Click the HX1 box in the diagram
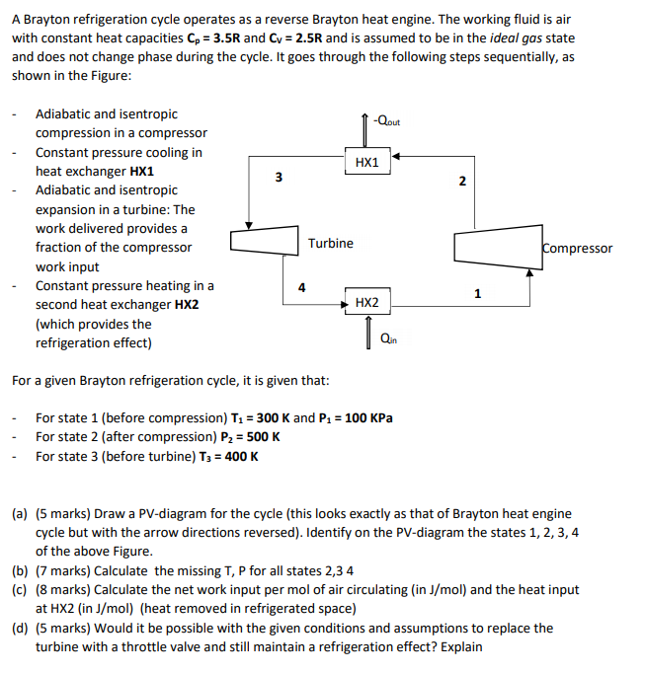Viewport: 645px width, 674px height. [x=365, y=161]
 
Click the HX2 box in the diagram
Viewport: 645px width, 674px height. [x=365, y=302]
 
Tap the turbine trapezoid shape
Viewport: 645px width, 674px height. [x=264, y=242]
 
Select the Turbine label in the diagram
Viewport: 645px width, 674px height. [x=330, y=244]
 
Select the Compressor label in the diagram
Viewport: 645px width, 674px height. [x=577, y=249]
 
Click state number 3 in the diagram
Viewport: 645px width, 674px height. [x=279, y=178]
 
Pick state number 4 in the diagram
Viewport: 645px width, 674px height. [x=302, y=287]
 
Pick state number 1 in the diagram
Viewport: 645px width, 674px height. [x=477, y=293]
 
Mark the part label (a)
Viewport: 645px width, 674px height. [x=20, y=514]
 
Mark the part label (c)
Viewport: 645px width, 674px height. [x=20, y=589]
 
